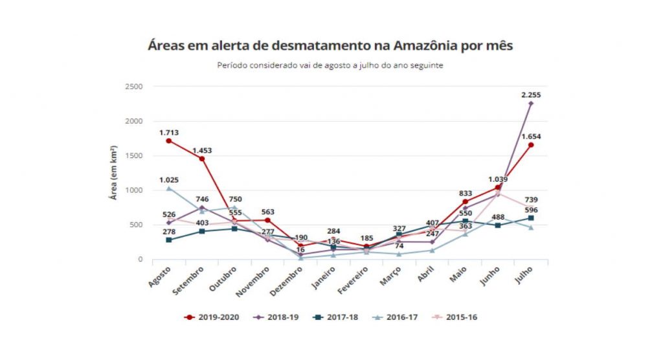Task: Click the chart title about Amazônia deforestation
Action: tap(331, 47)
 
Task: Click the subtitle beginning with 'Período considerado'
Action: tap(331, 65)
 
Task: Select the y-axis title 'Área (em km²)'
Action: tap(113, 173)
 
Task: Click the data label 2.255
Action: tap(530, 95)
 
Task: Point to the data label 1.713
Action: tap(168, 133)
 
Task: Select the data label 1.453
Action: tap(201, 150)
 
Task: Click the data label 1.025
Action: tap(168, 180)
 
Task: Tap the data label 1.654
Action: tap(530, 137)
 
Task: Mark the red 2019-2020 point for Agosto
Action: tap(168, 141)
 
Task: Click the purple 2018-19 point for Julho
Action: tap(531, 103)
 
